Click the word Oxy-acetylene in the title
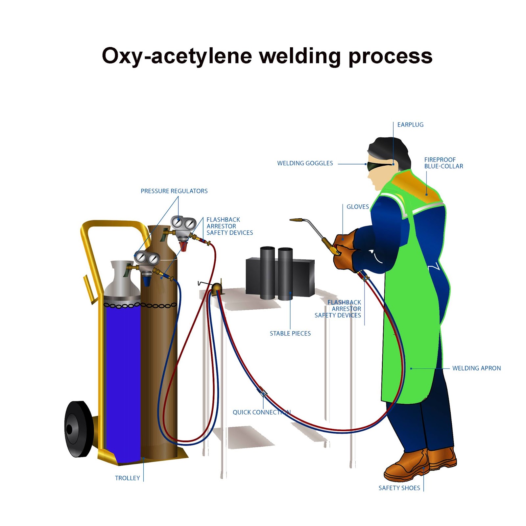click(177, 56)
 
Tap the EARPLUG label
click(410, 125)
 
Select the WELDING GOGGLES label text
click(305, 163)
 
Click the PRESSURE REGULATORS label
click(174, 191)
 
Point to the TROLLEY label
click(127, 478)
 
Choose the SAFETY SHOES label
click(399, 488)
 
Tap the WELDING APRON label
click(476, 369)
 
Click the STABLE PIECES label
click(290, 334)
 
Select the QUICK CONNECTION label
click(261, 413)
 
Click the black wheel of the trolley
click(78, 429)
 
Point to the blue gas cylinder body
click(122, 378)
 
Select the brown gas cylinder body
click(159, 362)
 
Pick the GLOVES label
click(358, 207)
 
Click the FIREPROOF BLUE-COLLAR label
click(443, 163)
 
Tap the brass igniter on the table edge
click(217, 289)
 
